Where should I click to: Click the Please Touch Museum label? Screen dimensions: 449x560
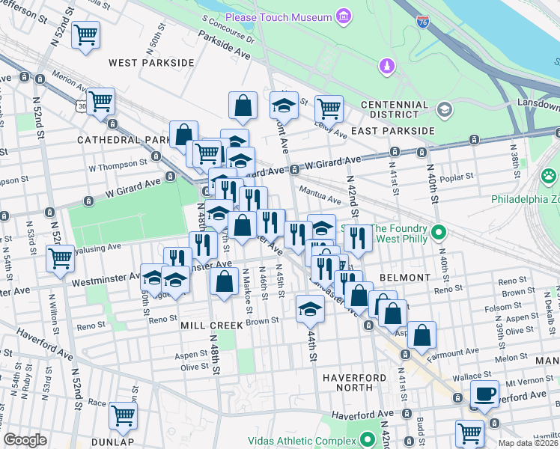[x=278, y=16]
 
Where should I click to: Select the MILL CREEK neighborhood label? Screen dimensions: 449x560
[x=211, y=326]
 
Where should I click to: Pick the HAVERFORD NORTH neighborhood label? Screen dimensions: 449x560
[x=347, y=382]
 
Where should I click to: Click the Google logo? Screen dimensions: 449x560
[x=25, y=440]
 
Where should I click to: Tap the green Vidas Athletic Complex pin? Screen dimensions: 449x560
[x=368, y=439]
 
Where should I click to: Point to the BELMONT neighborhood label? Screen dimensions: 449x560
[x=404, y=278]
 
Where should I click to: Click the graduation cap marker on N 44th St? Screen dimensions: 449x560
[x=310, y=308]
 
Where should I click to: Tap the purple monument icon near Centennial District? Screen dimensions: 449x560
[x=386, y=67]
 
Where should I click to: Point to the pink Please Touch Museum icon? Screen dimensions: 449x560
[x=343, y=16]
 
